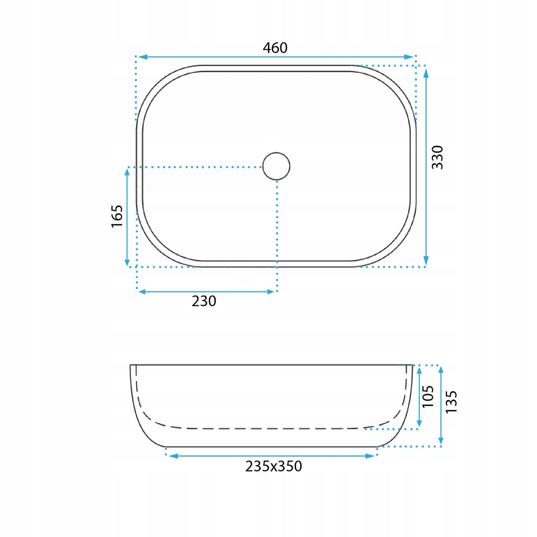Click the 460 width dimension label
pyautogui.click(x=275, y=48)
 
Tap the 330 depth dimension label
pyautogui.click(x=437, y=157)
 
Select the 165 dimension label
pyautogui.click(x=117, y=216)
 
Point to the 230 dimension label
pyautogui.click(x=204, y=301)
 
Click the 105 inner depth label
pyautogui.click(x=428, y=396)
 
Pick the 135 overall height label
pyautogui.click(x=451, y=402)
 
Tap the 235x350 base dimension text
pyautogui.click(x=274, y=466)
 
